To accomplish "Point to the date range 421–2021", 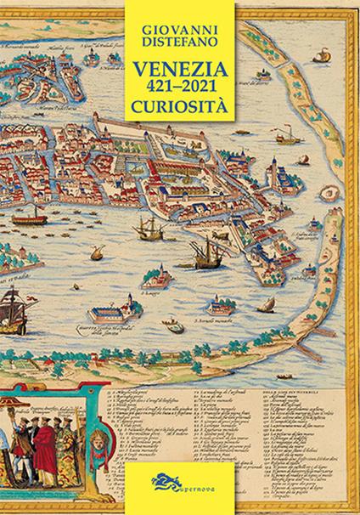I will pos(179,88).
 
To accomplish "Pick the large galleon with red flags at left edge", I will pos(10,301).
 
